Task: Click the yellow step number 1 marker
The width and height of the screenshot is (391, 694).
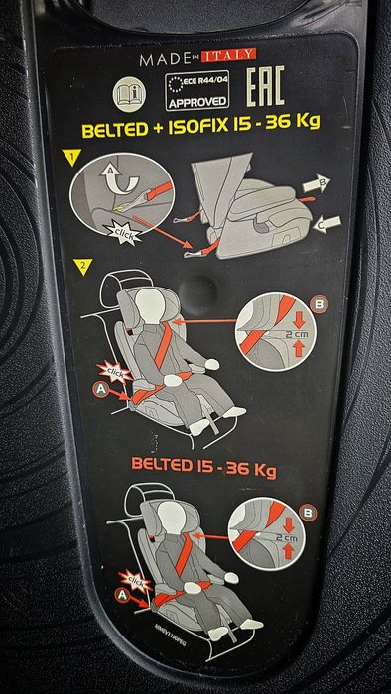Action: click(70, 156)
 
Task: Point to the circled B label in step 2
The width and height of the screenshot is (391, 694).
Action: click(319, 302)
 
